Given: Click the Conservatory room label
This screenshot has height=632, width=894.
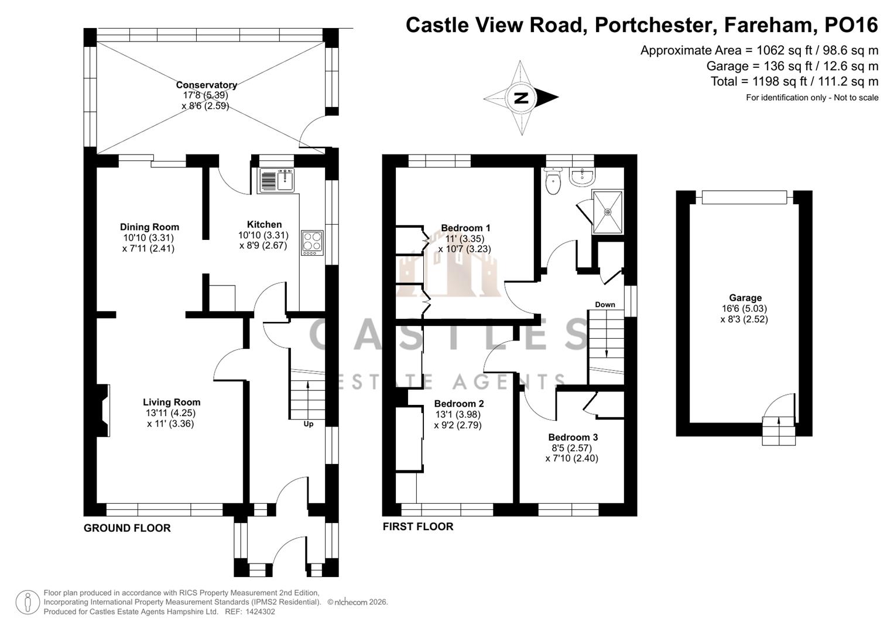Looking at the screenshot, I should pyautogui.click(x=206, y=85).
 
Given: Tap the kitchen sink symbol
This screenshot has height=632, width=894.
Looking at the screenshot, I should pyautogui.click(x=276, y=180).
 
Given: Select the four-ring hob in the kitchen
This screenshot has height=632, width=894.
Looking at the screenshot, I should pyautogui.click(x=312, y=242).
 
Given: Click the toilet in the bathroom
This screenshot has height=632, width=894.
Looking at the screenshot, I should pyautogui.click(x=552, y=182).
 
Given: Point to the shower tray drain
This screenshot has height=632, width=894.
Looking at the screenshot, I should pyautogui.click(x=608, y=212).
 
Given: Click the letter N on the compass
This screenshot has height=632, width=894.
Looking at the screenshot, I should pyautogui.click(x=520, y=98).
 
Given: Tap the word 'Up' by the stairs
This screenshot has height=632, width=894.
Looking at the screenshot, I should pyautogui.click(x=308, y=424).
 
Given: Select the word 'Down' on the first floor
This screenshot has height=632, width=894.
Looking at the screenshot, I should pyautogui.click(x=605, y=304).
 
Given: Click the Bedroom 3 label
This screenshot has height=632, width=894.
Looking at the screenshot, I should pyautogui.click(x=573, y=437).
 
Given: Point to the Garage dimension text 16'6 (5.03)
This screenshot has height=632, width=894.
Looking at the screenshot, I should pyautogui.click(x=744, y=308).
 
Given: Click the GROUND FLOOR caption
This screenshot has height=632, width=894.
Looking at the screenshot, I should pyautogui.click(x=127, y=528).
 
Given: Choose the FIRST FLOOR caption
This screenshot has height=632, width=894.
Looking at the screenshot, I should pyautogui.click(x=417, y=527).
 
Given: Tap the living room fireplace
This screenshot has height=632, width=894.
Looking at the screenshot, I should pyautogui.click(x=103, y=410).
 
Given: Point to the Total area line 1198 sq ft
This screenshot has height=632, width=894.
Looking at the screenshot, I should pyautogui.click(x=794, y=81).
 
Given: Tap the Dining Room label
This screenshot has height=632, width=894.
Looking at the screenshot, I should pyautogui.click(x=149, y=227).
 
